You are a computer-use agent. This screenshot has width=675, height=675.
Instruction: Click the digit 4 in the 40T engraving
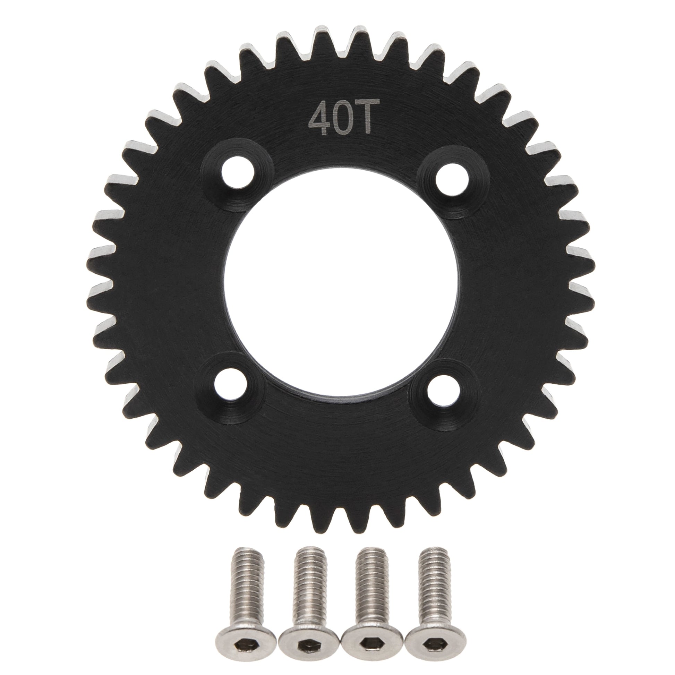click(319, 122)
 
